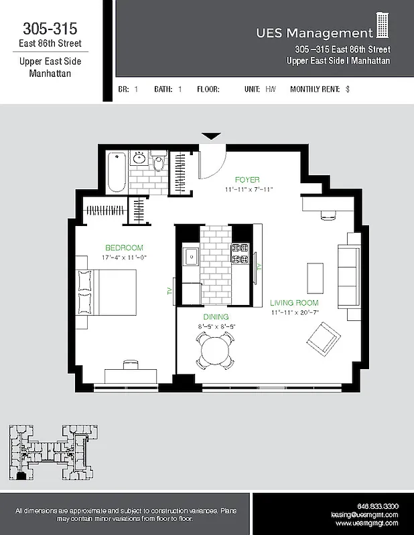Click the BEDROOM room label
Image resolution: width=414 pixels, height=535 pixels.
124,247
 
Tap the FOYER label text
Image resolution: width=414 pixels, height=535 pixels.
247,180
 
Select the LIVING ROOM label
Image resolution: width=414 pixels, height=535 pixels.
294,303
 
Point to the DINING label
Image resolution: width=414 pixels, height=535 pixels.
216,317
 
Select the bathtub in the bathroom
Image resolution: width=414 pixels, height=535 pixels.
117,171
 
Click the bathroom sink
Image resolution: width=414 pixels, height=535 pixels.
140,158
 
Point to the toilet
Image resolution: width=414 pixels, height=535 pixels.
159,163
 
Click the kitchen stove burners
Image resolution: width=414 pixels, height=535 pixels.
240,255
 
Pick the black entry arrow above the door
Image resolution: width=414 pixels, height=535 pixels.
211,136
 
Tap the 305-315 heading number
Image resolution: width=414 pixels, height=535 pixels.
50,29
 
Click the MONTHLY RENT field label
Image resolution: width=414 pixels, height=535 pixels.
315,88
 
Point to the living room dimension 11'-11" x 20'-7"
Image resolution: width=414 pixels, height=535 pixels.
294,312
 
